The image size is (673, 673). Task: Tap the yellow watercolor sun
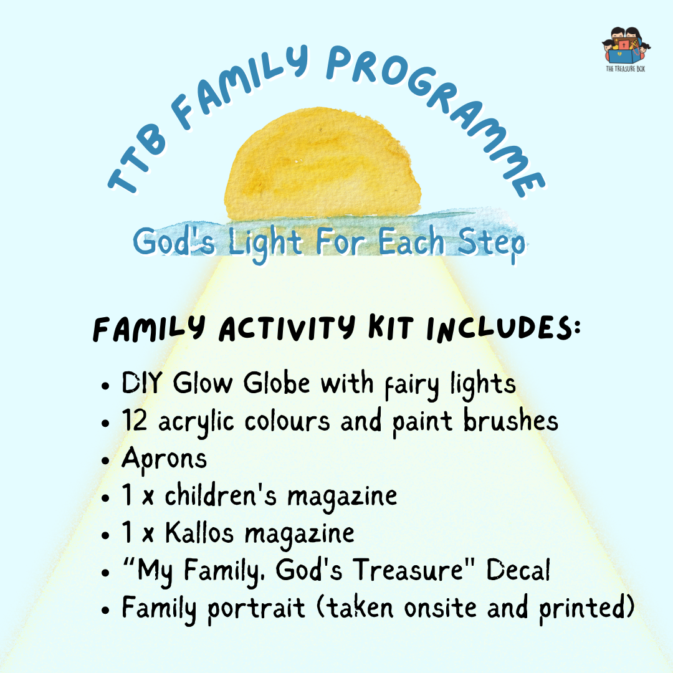point(322,165)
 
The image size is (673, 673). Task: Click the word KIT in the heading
point(391,328)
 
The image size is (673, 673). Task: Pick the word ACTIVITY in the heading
point(287,328)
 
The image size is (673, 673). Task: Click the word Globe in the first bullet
point(277,383)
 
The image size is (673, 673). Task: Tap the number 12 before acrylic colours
point(135,420)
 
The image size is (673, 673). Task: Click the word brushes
point(511,420)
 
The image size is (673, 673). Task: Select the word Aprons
point(165,459)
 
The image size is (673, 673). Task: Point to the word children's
point(221,495)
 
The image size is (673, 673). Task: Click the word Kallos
point(199,533)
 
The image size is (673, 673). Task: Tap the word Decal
point(518,570)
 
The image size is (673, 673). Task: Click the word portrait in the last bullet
point(256,609)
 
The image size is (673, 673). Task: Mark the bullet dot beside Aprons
point(105,461)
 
